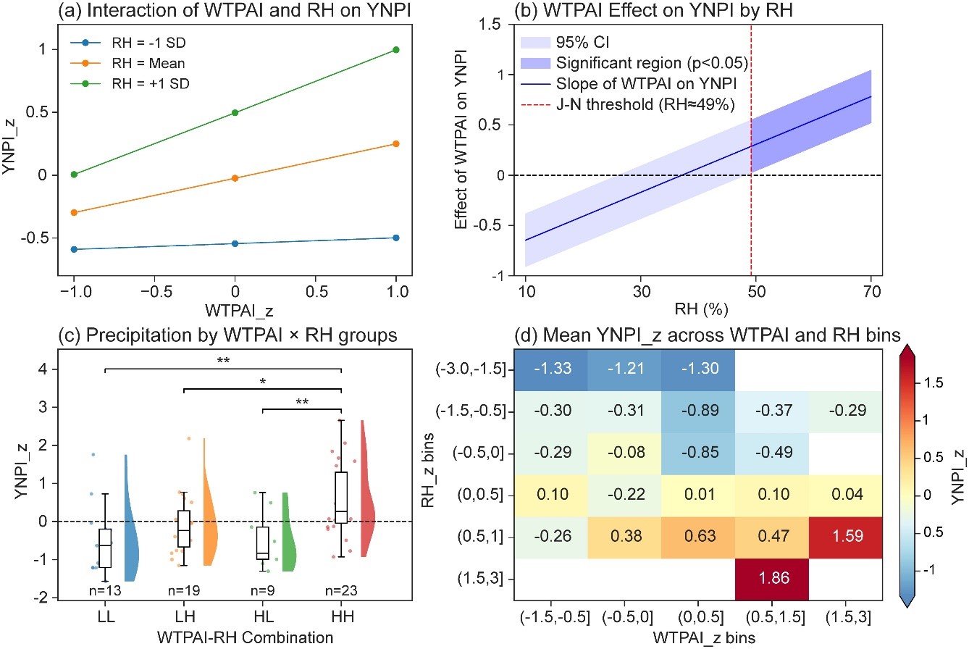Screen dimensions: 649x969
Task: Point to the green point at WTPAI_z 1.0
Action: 395,49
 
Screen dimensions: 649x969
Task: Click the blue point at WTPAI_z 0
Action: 235,243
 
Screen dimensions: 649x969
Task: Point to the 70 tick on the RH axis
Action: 871,291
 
